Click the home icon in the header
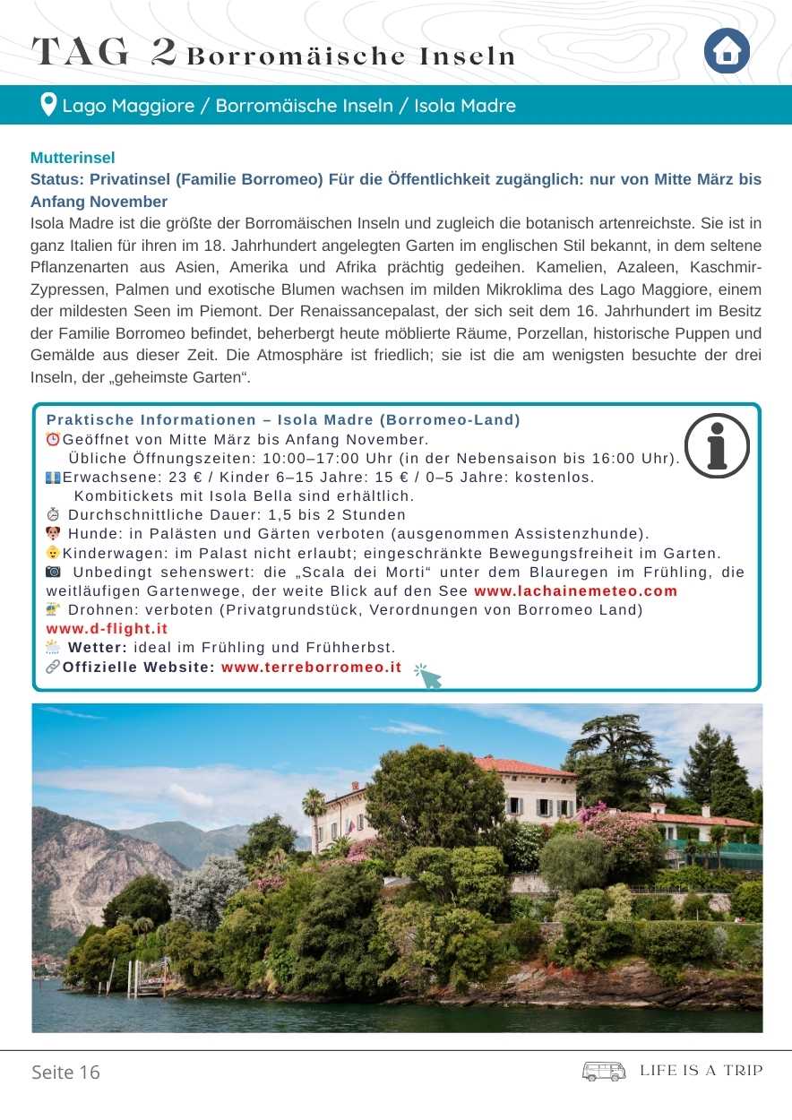point(727,52)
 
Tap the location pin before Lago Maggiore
point(48,105)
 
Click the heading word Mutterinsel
point(73,158)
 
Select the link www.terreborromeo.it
point(311,668)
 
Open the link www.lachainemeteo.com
point(575,591)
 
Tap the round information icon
point(717,446)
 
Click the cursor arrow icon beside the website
point(429,676)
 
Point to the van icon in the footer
point(604,1072)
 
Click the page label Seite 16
point(66,1073)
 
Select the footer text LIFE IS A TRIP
point(702,1071)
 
